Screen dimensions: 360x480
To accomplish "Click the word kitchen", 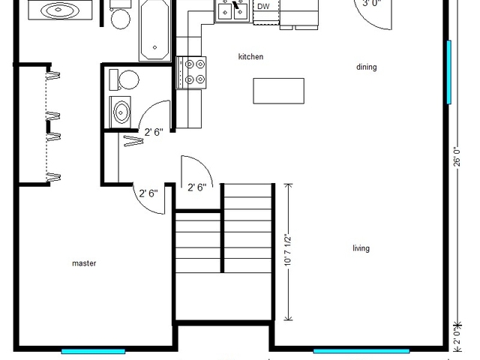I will (250, 57).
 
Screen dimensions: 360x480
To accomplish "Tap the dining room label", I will (366, 67).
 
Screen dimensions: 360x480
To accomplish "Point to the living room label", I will (361, 249).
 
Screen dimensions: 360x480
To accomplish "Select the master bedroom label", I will (83, 263).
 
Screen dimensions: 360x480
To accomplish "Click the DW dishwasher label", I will (262, 7).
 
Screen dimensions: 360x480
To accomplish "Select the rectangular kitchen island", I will (279, 91).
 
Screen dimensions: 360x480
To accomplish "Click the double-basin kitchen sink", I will (232, 10).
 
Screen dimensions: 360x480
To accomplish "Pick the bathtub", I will (154, 30).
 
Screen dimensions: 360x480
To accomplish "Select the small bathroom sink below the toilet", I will (121, 112).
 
